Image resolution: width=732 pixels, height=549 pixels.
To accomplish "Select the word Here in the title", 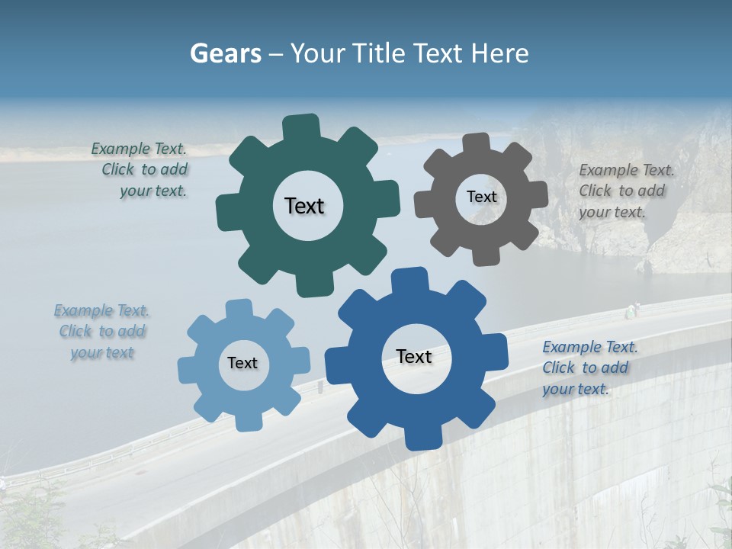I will tap(499, 53).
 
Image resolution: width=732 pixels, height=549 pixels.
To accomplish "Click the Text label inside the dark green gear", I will tap(304, 206).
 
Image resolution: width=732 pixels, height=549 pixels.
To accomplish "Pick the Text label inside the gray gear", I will tap(481, 197).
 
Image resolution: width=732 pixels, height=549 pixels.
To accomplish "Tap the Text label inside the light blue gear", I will tap(242, 363).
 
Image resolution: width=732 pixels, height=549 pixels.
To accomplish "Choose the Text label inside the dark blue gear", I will tap(414, 356).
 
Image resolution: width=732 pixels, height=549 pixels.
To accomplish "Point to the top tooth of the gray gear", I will tap(476, 143).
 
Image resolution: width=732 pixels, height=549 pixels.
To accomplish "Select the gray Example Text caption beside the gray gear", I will tap(625, 191).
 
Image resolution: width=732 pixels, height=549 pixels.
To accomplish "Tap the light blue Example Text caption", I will tap(102, 331).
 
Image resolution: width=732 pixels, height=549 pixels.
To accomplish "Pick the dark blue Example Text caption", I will tap(589, 368).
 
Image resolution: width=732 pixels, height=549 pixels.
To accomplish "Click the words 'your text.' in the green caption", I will tap(153, 191).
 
